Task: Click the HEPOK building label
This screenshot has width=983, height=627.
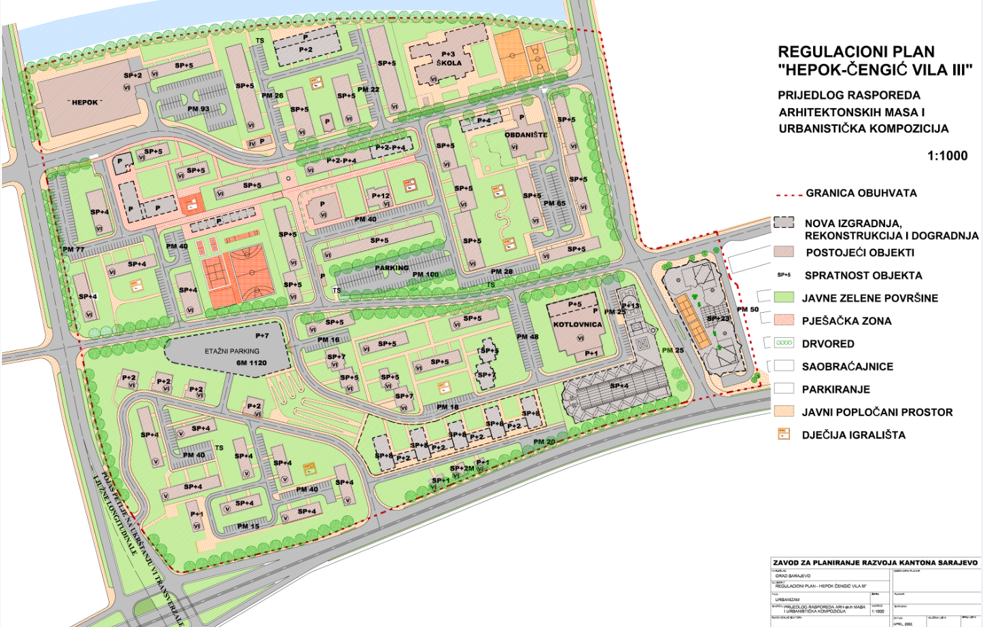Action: click(x=85, y=103)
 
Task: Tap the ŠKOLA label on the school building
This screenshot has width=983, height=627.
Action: click(x=449, y=63)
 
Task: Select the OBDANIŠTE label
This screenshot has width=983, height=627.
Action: click(x=525, y=135)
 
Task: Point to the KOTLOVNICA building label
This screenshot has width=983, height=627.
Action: click(x=577, y=324)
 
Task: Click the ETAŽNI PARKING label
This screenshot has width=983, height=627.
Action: click(x=232, y=352)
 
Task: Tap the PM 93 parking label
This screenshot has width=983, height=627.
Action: click(x=199, y=109)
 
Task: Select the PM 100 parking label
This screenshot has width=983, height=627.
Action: click(x=426, y=275)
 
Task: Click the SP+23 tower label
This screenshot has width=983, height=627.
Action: click(x=718, y=318)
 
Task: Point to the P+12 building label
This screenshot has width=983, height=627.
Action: click(x=381, y=196)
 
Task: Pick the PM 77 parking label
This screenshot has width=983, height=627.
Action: click(x=73, y=250)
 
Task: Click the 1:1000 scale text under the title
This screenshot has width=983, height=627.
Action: click(x=947, y=156)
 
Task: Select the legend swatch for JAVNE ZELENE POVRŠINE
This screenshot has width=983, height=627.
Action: click(x=784, y=298)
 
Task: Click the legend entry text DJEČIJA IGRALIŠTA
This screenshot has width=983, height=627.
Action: click(x=853, y=435)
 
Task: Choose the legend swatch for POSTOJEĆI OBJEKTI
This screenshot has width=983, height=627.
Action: click(x=784, y=252)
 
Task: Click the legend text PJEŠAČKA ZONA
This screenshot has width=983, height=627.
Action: click(x=846, y=321)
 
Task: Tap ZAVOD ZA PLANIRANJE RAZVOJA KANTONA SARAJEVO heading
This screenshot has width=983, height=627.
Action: click(x=874, y=562)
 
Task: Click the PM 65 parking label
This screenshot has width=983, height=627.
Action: click(x=554, y=203)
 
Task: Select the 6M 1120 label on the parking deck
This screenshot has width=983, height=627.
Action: click(x=252, y=363)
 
